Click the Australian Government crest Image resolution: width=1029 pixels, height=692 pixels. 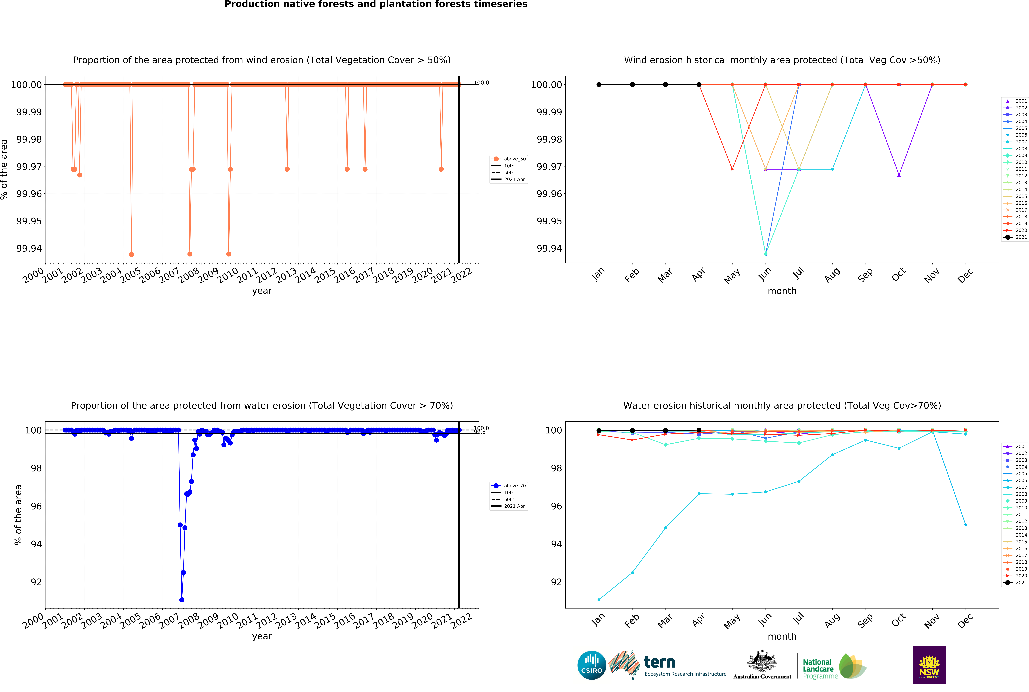[762, 661]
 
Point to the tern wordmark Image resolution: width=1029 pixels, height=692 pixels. [659, 662]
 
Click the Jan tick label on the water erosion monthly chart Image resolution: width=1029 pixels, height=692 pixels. [598, 620]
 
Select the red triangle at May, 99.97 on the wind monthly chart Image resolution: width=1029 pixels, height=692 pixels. [732, 169]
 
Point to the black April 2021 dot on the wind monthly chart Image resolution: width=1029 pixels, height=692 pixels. [699, 85]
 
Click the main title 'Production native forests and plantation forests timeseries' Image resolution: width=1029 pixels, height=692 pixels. [376, 4]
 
